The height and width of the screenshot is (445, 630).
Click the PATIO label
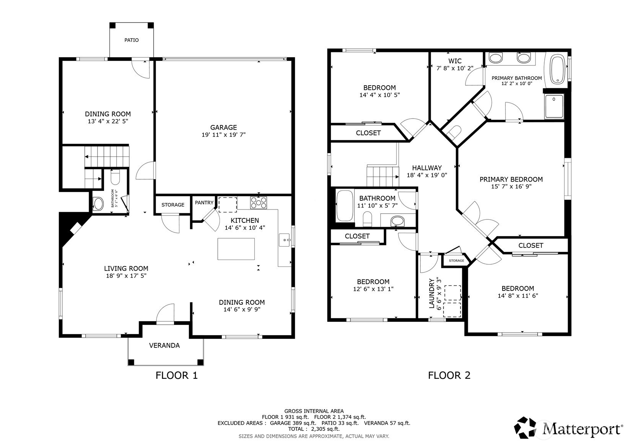coord(132,40)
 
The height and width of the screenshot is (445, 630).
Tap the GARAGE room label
coord(224,127)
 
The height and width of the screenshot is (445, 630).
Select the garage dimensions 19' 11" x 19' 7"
coord(224,135)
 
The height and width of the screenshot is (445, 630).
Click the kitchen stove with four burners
coord(259,203)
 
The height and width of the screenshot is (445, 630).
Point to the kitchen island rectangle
coord(236,249)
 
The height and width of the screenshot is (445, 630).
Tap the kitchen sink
coord(284,240)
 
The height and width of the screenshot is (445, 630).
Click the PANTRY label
coord(204,203)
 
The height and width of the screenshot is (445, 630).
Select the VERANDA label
coord(164,346)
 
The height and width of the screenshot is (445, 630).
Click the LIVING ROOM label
coord(126,268)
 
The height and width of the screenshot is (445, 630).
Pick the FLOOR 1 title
coord(177,375)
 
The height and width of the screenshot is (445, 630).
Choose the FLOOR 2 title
coord(449,375)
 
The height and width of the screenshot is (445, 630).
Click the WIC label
coord(455,61)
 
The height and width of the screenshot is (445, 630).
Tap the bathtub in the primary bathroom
coord(557,70)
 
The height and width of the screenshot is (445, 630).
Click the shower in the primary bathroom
coord(554,106)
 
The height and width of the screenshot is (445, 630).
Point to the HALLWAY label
coord(427,168)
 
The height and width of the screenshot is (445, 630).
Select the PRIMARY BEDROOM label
coord(511,179)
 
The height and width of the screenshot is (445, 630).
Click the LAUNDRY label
coord(432,293)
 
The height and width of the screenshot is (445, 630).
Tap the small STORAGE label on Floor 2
coord(456,261)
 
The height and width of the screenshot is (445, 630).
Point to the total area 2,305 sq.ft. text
coord(326,429)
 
